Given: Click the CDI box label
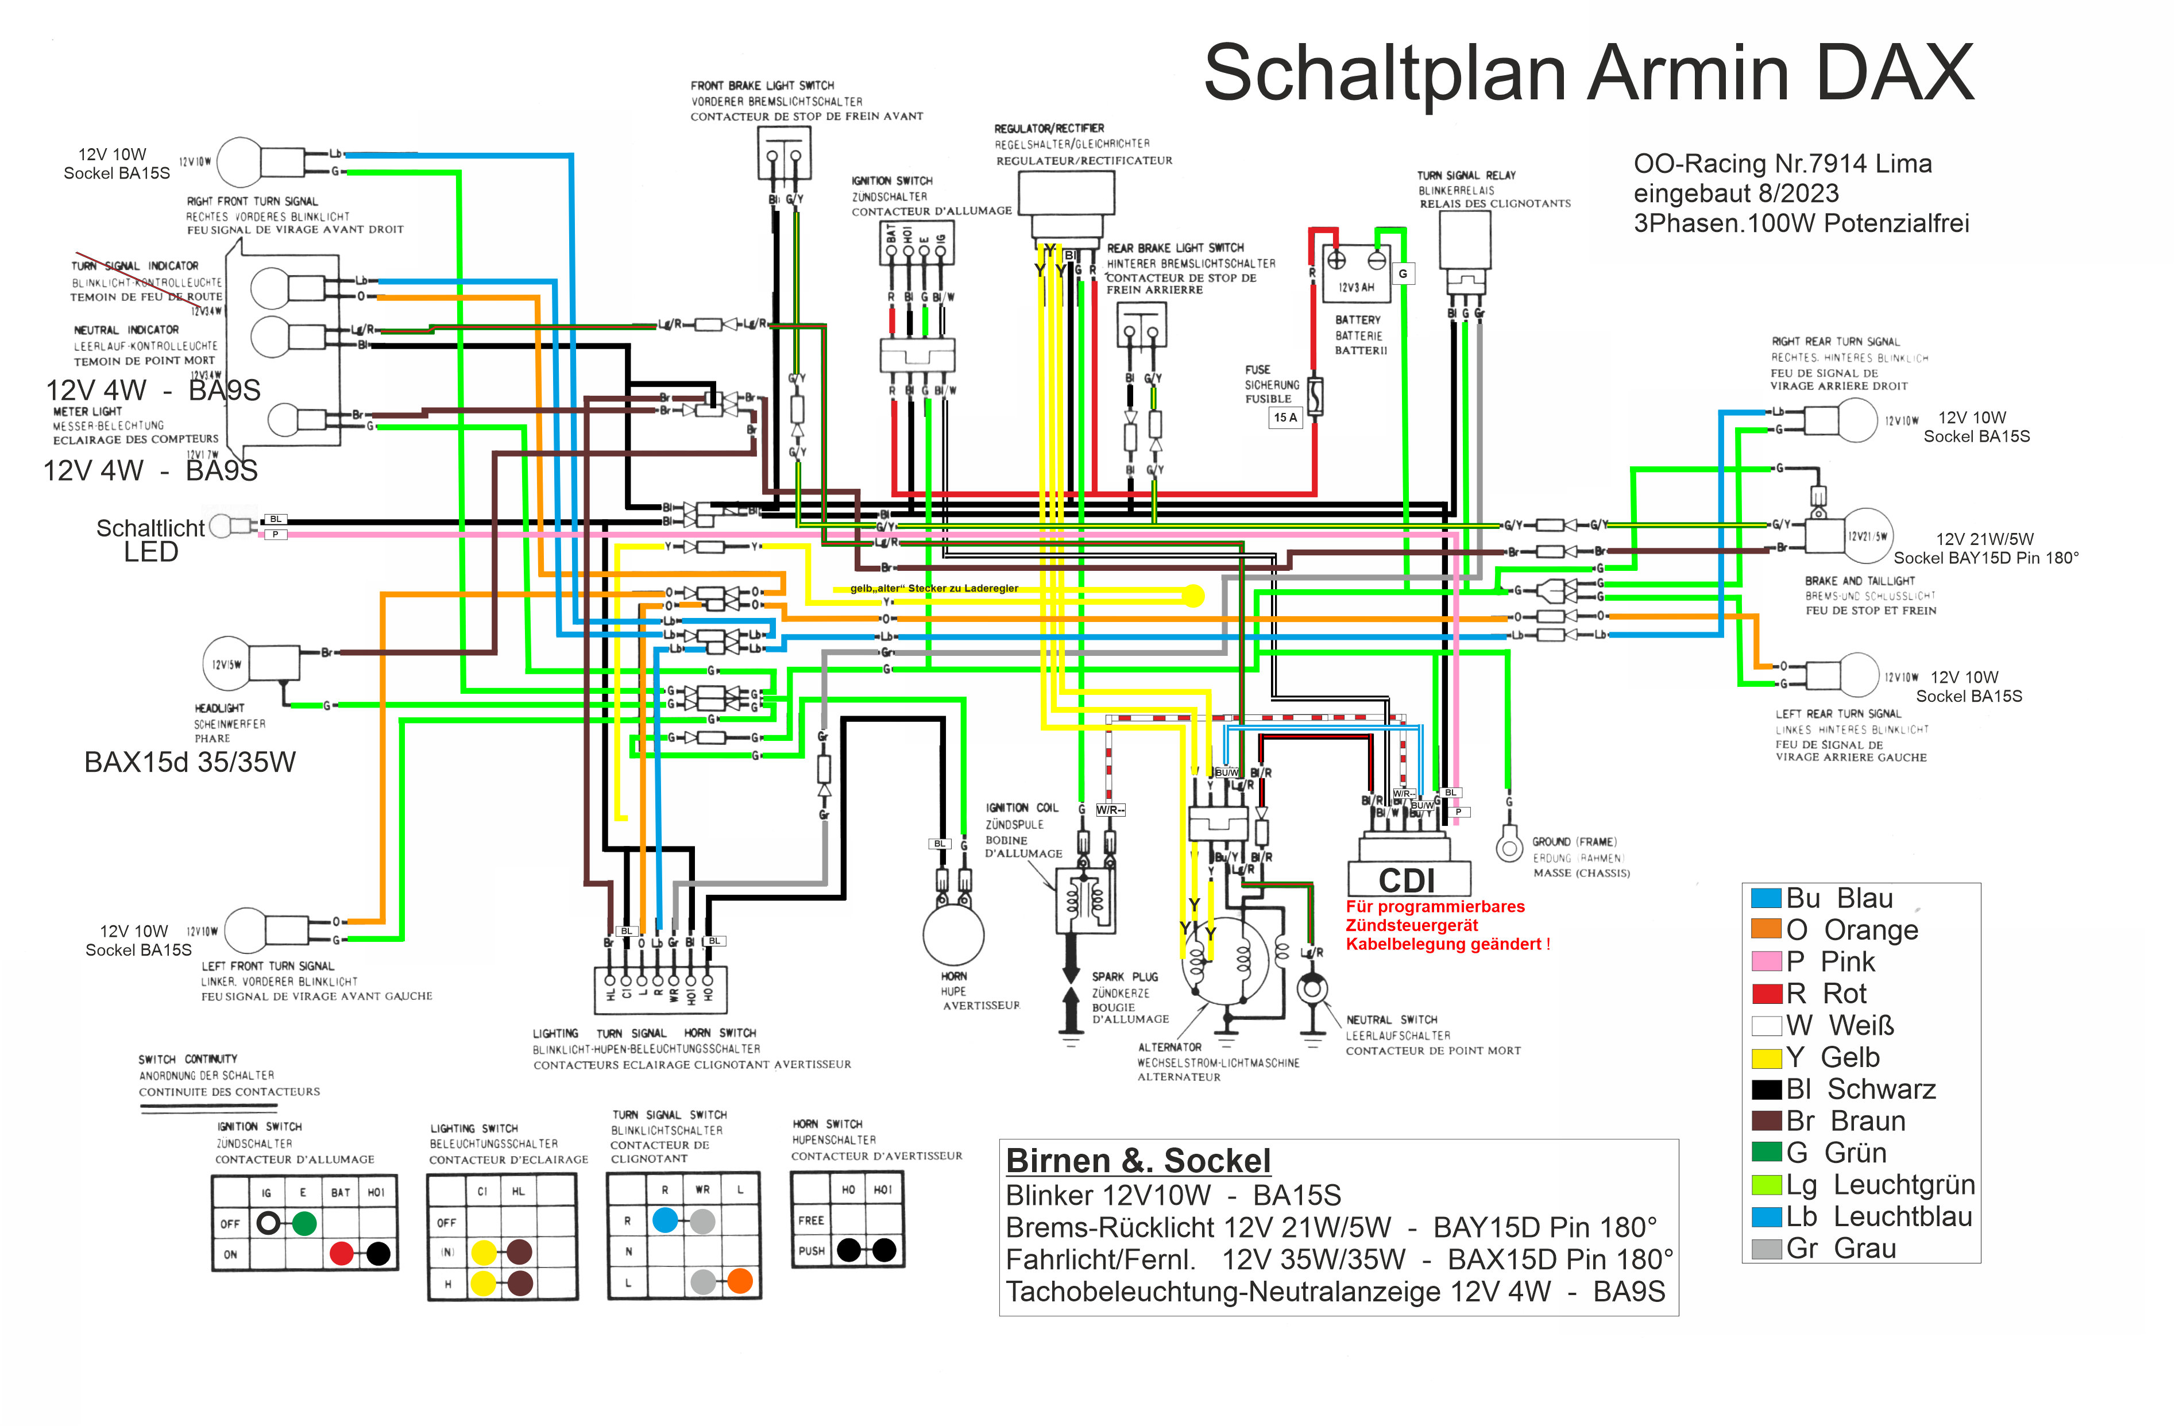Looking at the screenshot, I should tap(1407, 880).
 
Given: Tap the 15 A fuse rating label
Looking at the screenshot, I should tap(1285, 418).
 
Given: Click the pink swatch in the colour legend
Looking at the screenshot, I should tap(1766, 961).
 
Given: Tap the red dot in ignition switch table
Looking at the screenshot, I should tap(341, 1253).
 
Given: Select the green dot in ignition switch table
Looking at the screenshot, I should tap(304, 1223).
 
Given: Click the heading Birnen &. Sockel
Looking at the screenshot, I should tap(1138, 1161).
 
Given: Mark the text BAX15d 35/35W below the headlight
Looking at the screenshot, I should tap(190, 762).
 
